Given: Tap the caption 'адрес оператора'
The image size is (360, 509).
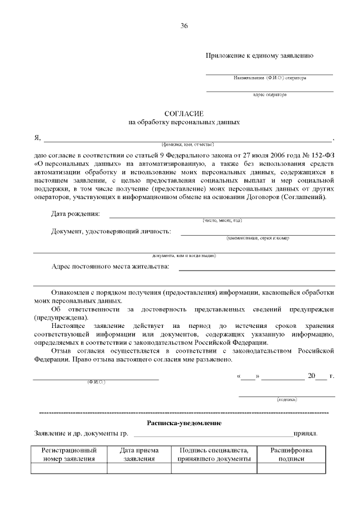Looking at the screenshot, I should pyautogui.click(x=269, y=94).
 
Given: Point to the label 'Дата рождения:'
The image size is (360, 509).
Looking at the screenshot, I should pyautogui.click(x=76, y=214).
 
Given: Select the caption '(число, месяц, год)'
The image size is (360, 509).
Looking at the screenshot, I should pyautogui.click(x=222, y=220).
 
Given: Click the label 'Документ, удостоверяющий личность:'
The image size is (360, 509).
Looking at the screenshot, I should pyautogui.click(x=111, y=231).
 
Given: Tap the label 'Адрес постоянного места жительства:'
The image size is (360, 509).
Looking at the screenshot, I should pyautogui.click(x=110, y=266).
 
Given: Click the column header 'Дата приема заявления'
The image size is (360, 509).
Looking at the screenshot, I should pyautogui.click(x=139, y=454).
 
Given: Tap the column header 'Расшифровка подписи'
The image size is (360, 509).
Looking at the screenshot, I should pyautogui.click(x=291, y=454).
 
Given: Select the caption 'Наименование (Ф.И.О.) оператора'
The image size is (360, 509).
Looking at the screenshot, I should pyautogui.click(x=269, y=78).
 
